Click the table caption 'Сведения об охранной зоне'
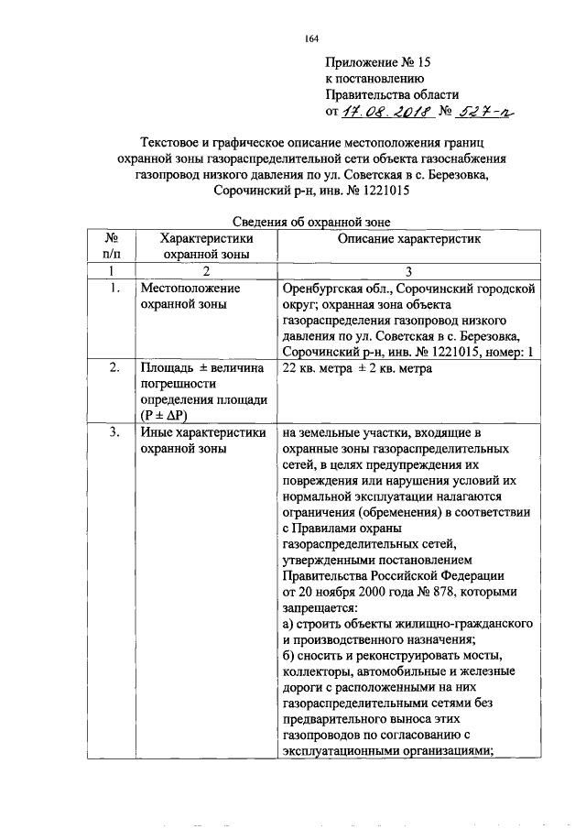point(310,221)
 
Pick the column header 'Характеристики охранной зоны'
point(206,245)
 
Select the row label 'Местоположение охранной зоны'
point(189,297)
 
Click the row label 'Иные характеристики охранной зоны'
point(203,441)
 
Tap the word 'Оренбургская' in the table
point(323,289)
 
